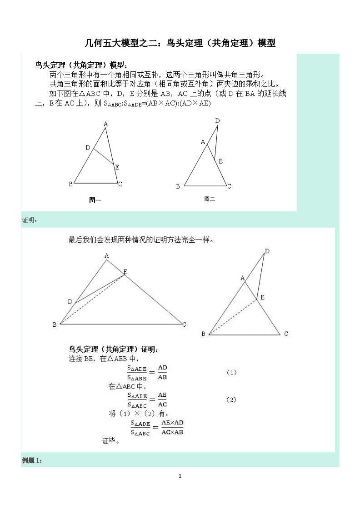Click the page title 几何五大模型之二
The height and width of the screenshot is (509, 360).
tap(180, 44)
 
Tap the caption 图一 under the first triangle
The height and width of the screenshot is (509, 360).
tap(95, 200)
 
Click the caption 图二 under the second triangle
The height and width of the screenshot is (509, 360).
tap(209, 199)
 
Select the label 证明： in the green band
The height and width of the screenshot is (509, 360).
tap(30, 220)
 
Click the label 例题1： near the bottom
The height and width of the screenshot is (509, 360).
tap(32, 460)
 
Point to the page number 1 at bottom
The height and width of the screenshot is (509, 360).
tap(180, 476)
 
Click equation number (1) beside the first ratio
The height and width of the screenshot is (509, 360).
tap(231, 373)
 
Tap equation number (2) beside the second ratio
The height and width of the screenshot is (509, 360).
tap(231, 400)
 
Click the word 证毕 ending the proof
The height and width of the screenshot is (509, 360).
tap(110, 441)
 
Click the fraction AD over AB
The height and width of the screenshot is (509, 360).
tap(162, 372)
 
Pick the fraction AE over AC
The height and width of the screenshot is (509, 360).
tap(162, 399)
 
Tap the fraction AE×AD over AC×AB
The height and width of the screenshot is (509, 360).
tap(172, 427)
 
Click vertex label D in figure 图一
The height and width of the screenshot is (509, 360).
tap(88, 148)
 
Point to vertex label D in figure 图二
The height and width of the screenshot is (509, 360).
tap(217, 120)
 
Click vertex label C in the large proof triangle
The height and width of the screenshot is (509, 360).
tap(184, 324)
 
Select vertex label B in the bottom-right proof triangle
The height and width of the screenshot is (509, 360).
tap(203, 334)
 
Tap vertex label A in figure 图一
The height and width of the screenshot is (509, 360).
tap(105, 124)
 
